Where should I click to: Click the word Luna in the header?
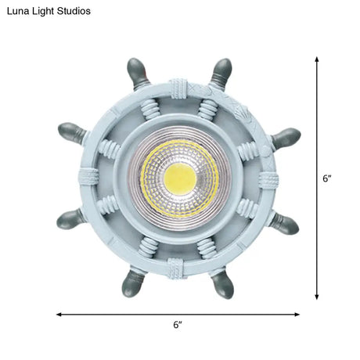[x=17, y=12]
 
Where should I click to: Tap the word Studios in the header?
[x=71, y=12]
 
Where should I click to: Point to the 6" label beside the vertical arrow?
[x=327, y=178]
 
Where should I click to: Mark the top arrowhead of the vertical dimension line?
[x=316, y=59]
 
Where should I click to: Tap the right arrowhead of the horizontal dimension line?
[x=299, y=314]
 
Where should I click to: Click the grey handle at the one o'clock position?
[x=221, y=69]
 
